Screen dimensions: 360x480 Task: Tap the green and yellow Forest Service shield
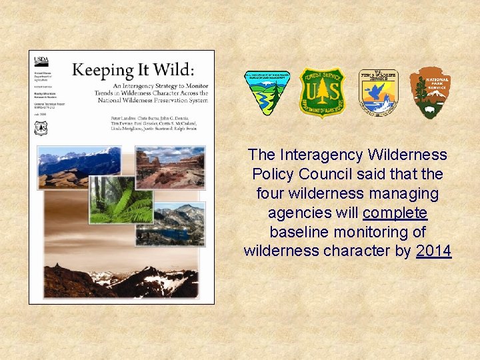click(x=321, y=93)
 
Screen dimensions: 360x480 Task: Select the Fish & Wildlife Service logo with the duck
click(x=378, y=93)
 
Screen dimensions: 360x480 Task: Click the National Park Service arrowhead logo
click(x=430, y=93)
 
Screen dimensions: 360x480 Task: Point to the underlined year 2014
click(x=433, y=251)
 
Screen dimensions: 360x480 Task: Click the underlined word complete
click(x=395, y=213)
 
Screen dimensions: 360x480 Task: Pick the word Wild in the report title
click(x=172, y=69)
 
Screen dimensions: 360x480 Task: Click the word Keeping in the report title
click(x=101, y=69)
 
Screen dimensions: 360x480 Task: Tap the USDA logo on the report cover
click(x=41, y=61)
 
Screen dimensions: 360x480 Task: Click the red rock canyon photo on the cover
click(x=171, y=166)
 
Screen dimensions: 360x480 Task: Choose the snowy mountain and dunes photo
click(x=79, y=169)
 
